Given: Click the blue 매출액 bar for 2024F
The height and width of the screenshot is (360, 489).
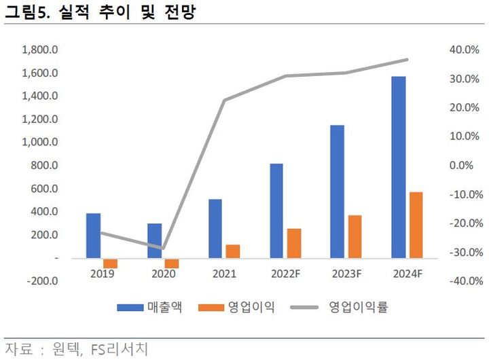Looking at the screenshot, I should (399, 167).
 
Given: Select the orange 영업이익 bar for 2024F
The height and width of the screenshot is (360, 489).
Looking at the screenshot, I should (416, 225).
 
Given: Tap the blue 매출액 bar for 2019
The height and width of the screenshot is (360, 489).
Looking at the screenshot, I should (93, 236).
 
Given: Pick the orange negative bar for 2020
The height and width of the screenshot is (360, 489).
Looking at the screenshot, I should (172, 264).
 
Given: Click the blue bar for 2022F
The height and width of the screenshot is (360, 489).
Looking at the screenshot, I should (276, 211).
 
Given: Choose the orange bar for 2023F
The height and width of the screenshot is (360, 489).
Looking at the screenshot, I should (355, 236).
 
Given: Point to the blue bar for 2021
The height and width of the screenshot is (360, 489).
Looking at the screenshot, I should (215, 228).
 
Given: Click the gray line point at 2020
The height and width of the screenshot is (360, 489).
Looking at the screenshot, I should (163, 248).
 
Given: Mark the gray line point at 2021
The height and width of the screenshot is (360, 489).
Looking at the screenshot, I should (224, 100).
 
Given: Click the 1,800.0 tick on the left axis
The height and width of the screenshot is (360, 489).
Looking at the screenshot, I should (40, 50).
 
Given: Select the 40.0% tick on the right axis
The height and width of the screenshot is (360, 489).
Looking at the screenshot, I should (465, 50).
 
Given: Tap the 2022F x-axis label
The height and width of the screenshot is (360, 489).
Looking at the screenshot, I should (285, 274).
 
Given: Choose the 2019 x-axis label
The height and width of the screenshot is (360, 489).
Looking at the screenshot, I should (102, 274).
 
